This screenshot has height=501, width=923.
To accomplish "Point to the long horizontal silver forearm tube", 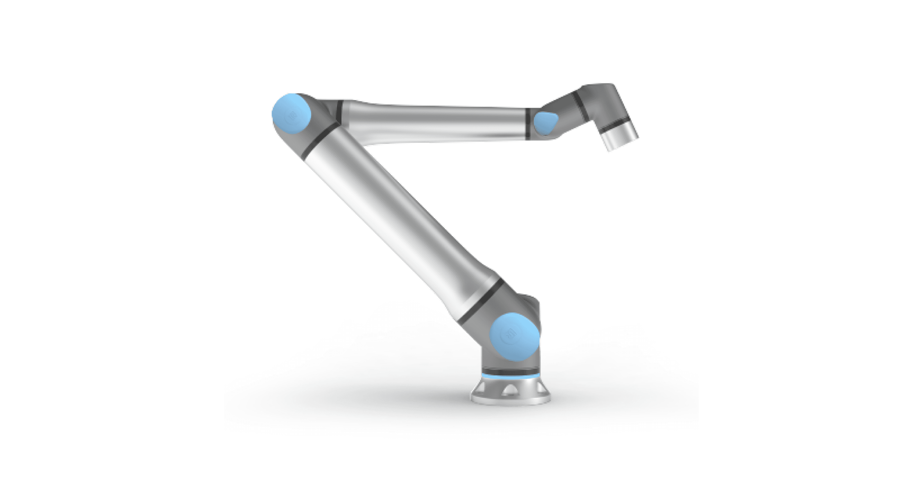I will (x=433, y=122).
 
